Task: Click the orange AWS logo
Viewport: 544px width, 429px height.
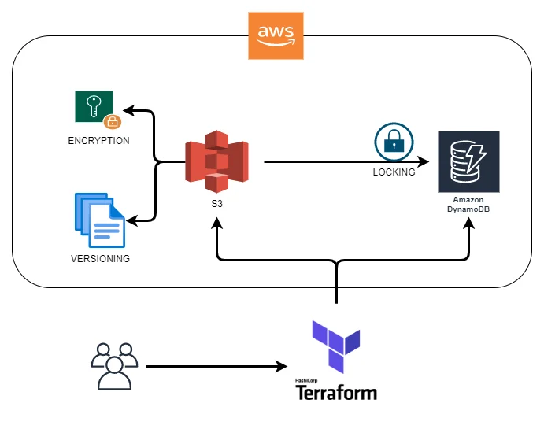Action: [x=276, y=36]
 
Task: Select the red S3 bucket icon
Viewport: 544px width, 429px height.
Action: [x=216, y=165]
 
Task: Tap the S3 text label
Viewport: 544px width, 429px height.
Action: [x=216, y=203]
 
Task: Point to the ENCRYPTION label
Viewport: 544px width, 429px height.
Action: [x=98, y=140]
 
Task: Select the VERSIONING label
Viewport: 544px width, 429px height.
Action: [x=99, y=258]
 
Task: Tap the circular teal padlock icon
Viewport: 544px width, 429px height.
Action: [x=389, y=142]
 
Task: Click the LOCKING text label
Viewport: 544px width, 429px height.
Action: [x=394, y=172]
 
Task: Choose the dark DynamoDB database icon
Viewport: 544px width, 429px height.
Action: [x=468, y=162]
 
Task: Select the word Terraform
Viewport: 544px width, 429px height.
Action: [x=336, y=392]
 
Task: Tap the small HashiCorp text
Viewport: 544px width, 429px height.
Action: [x=305, y=380]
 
